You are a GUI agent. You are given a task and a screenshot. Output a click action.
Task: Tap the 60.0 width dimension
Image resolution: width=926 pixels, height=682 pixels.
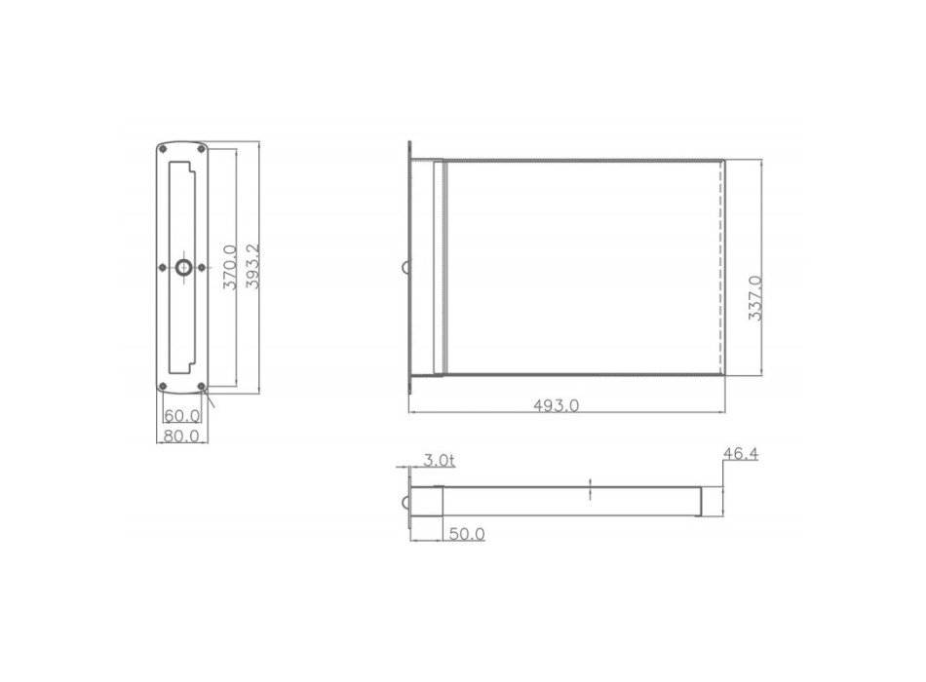click(x=181, y=416)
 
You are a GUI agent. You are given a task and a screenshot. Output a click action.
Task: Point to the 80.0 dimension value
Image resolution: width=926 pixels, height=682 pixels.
click(x=181, y=436)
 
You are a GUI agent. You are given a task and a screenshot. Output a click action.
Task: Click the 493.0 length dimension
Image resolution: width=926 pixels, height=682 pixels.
click(x=558, y=405)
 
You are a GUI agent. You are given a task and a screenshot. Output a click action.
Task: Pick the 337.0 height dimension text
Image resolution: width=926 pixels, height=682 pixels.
click(x=753, y=300)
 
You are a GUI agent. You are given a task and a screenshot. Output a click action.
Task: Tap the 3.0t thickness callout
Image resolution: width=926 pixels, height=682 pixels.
click(x=438, y=460)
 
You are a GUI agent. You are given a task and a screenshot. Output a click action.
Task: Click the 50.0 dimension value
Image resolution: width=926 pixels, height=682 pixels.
click(x=467, y=533)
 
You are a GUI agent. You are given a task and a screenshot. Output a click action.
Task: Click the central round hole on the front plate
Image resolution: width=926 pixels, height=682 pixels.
click(x=181, y=267)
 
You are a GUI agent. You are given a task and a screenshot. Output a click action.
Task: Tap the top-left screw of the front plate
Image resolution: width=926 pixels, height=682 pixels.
click(x=162, y=149)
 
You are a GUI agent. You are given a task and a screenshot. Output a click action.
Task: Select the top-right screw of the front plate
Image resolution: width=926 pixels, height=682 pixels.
click(x=201, y=149)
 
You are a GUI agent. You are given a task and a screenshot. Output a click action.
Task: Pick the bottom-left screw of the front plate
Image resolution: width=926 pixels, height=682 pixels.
click(x=162, y=386)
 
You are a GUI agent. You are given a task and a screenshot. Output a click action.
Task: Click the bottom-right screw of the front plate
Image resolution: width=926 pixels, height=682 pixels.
click(x=201, y=386)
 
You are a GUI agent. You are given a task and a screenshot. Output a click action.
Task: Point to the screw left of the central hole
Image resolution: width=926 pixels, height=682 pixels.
click(x=162, y=267)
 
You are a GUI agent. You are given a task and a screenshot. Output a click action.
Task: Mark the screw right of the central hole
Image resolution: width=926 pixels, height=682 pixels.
click(x=201, y=267)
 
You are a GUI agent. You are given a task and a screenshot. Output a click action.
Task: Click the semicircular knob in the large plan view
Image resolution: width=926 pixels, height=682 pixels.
click(x=405, y=267)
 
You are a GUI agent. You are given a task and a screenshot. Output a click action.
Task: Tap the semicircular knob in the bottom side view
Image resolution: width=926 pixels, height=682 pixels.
click(x=405, y=501)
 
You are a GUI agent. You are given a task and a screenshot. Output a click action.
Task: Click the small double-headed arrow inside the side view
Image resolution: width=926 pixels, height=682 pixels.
click(x=590, y=490)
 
